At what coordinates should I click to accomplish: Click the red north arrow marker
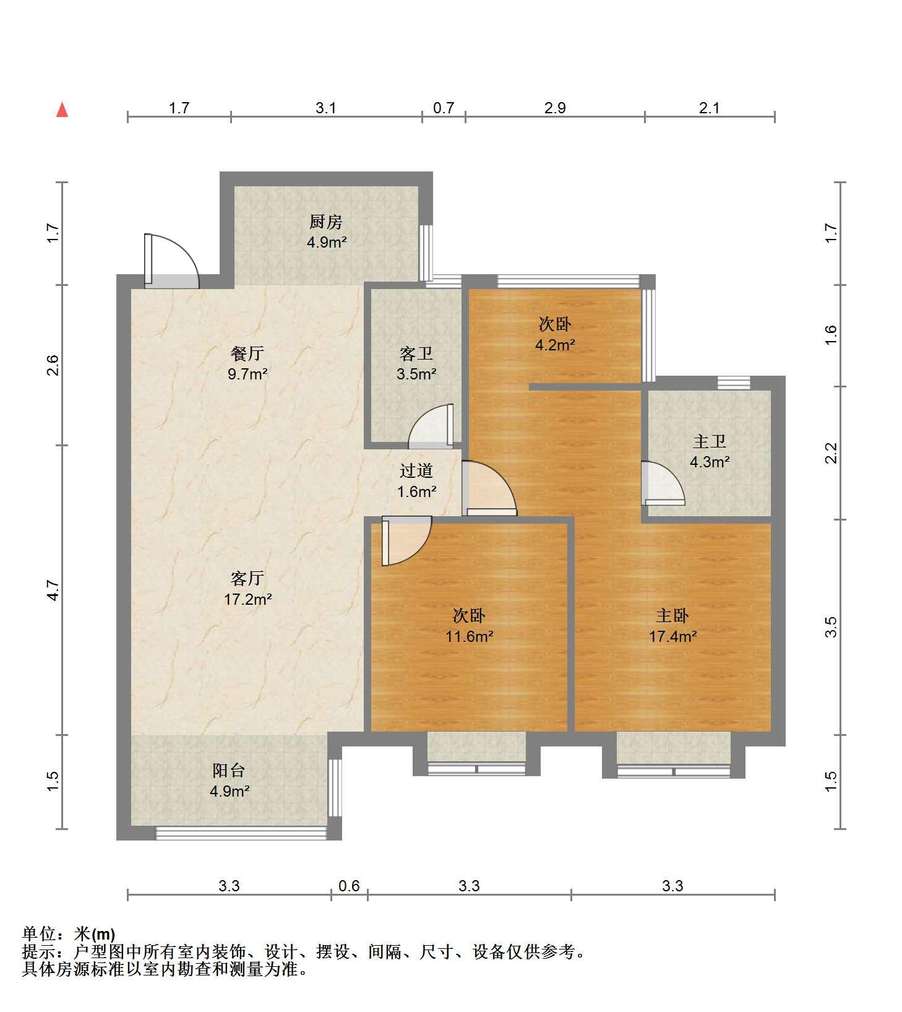pos(62,110)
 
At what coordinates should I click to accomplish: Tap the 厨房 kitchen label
pos(326,222)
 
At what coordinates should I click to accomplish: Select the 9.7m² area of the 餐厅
pos(247,374)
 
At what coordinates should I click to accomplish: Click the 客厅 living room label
pos(247,578)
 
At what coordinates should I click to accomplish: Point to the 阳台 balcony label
pos(229,770)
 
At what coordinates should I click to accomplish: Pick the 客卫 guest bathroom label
pos(416,353)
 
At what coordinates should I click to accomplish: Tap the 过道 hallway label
pos(416,470)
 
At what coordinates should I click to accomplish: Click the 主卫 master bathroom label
pos(710,441)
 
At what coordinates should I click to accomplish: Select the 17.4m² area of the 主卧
pos(672,636)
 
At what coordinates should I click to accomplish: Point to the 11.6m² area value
pos(470,636)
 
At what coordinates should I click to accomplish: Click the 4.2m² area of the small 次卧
pos(555,345)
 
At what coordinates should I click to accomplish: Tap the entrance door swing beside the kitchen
pos(171,261)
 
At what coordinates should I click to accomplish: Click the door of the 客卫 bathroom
pos(431,426)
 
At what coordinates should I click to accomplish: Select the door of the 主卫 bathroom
pos(663,483)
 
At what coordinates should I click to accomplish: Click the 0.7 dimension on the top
pos(444,108)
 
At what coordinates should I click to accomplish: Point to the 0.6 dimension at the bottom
pos(350,886)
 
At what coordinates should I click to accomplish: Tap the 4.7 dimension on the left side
pos(53,590)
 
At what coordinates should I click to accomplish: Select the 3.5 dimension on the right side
pos(832,627)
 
